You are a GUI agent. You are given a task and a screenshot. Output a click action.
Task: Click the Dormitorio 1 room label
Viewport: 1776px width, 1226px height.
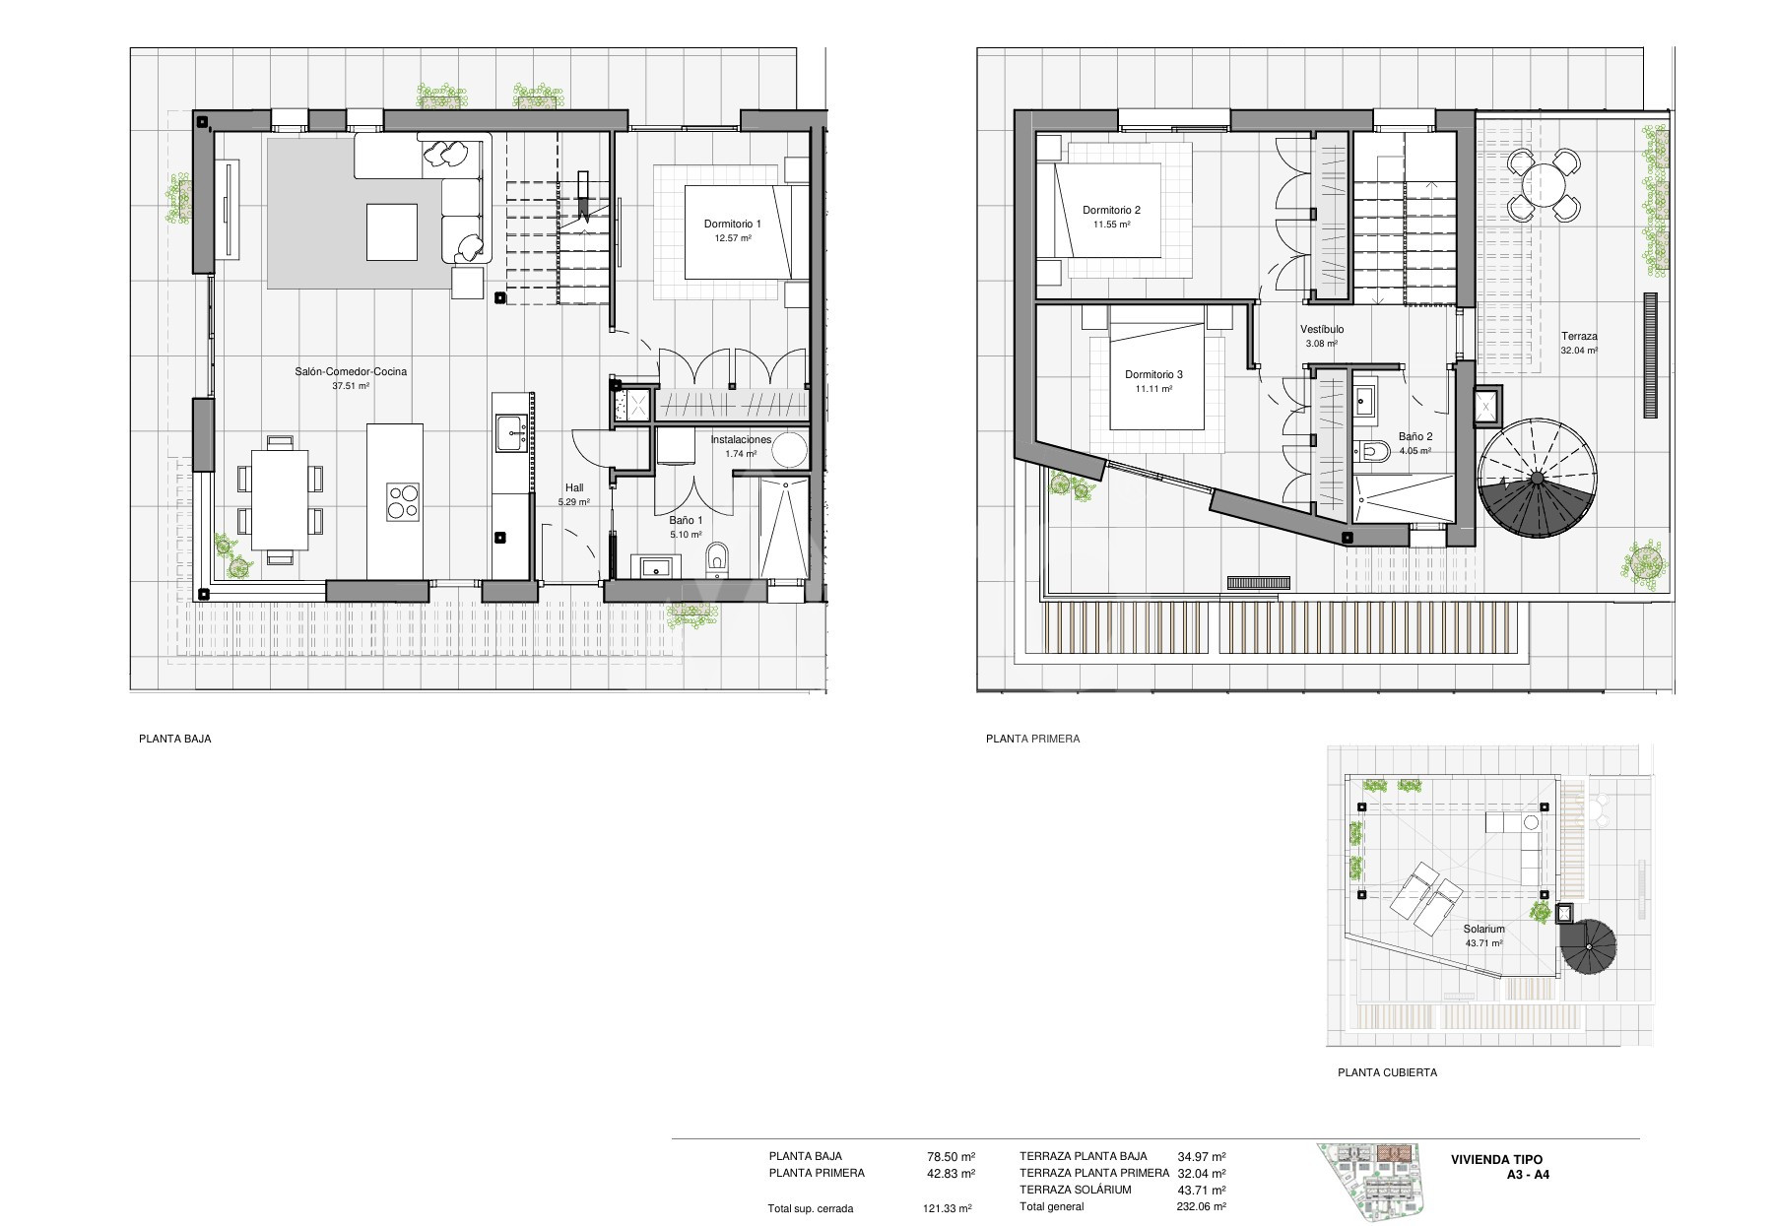click(732, 225)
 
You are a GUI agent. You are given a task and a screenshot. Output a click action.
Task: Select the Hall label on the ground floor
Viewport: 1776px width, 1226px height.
click(574, 487)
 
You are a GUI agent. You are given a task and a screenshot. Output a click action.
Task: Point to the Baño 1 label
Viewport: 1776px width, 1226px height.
click(687, 520)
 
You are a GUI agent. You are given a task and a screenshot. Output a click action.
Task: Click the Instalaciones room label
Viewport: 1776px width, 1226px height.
click(741, 439)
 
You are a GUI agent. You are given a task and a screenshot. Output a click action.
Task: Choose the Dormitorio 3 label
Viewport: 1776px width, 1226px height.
click(1153, 374)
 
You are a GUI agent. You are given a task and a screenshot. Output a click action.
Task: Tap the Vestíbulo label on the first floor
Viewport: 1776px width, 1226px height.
click(1322, 329)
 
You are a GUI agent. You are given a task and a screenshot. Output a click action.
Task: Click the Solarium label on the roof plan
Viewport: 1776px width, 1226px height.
click(1483, 929)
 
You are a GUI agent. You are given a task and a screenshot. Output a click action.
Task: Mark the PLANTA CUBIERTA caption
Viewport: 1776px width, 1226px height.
click(1387, 1072)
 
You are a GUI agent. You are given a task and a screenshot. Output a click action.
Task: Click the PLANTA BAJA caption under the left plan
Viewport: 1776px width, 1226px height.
click(175, 739)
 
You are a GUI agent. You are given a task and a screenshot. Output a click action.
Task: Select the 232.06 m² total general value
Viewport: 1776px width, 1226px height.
click(1202, 1206)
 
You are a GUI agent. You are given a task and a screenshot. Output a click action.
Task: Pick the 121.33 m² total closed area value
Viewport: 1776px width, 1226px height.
click(948, 1208)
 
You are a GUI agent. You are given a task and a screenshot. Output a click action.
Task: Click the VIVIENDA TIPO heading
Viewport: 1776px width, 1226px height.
click(1496, 1160)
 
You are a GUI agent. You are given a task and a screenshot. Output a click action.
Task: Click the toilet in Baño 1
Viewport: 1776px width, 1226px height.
click(716, 557)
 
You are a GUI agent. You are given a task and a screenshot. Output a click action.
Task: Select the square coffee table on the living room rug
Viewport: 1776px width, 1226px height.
click(391, 231)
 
